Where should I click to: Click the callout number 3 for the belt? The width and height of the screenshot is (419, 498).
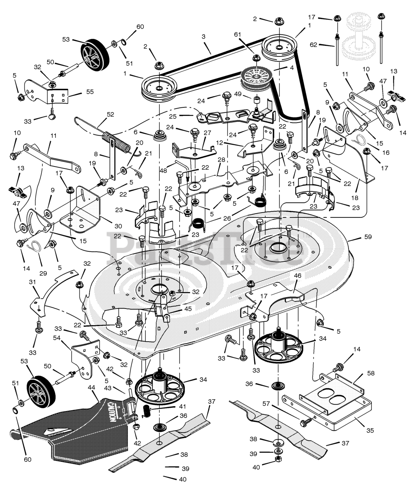click(x=203, y=36)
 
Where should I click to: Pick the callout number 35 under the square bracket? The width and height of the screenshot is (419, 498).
click(x=370, y=430)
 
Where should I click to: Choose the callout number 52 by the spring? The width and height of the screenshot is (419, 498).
click(x=110, y=114)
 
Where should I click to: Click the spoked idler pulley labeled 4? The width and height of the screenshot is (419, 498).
click(x=255, y=78)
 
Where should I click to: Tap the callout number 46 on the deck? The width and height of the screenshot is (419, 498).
click(x=298, y=275)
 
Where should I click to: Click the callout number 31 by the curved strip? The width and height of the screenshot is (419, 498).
click(x=32, y=281)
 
